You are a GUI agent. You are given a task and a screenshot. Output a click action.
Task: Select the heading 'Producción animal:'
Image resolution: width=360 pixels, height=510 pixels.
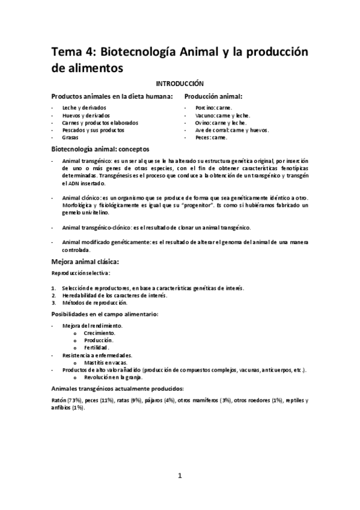(213, 96)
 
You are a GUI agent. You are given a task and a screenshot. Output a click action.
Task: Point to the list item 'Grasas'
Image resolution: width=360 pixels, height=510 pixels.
(70, 137)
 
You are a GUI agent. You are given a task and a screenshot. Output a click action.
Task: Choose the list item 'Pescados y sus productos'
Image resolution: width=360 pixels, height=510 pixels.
(93, 129)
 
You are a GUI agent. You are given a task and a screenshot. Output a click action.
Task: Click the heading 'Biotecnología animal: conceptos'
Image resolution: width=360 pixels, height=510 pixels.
(100, 149)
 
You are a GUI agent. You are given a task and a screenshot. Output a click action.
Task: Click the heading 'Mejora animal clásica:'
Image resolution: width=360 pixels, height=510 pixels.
(85, 262)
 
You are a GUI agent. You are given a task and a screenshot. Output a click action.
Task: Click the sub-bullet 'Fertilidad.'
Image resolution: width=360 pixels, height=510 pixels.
(96, 348)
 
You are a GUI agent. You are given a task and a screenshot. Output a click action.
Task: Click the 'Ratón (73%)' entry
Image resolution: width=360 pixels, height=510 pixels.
(66, 400)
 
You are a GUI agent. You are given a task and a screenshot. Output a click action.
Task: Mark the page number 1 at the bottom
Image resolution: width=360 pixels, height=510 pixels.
(180, 476)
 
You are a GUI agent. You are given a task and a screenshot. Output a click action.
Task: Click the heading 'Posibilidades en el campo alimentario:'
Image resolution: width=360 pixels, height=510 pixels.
(105, 314)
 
